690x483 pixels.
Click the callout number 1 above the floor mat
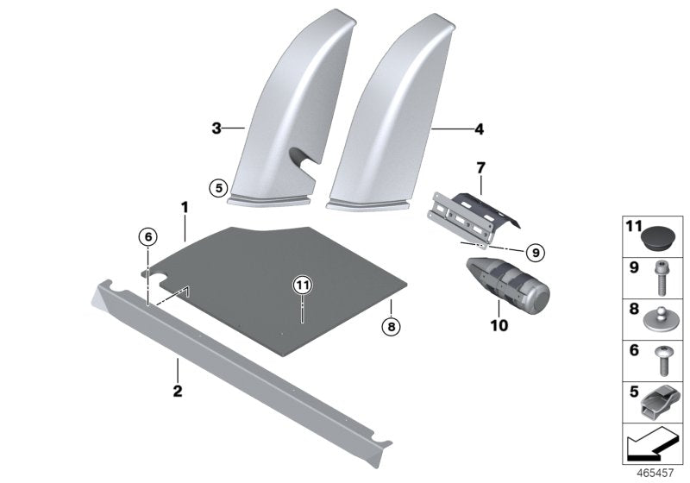click(x=184, y=207)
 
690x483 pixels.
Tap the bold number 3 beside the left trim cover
click(x=216, y=129)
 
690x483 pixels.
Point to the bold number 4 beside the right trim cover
click(x=479, y=130)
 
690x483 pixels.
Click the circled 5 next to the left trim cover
click(x=218, y=185)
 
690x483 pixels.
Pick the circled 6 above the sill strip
click(x=147, y=236)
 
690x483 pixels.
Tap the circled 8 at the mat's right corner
click(x=391, y=326)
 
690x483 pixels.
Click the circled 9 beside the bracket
click(x=534, y=253)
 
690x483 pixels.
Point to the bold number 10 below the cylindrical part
click(x=499, y=326)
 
